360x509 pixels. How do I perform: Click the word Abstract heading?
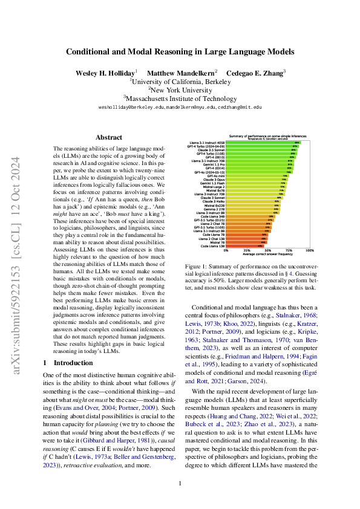click(109, 137)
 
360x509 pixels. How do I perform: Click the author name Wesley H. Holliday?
click(105, 73)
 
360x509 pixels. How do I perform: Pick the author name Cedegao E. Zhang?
click(255, 73)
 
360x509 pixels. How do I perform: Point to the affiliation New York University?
click(180, 89)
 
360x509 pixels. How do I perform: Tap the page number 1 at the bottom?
click(180, 483)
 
